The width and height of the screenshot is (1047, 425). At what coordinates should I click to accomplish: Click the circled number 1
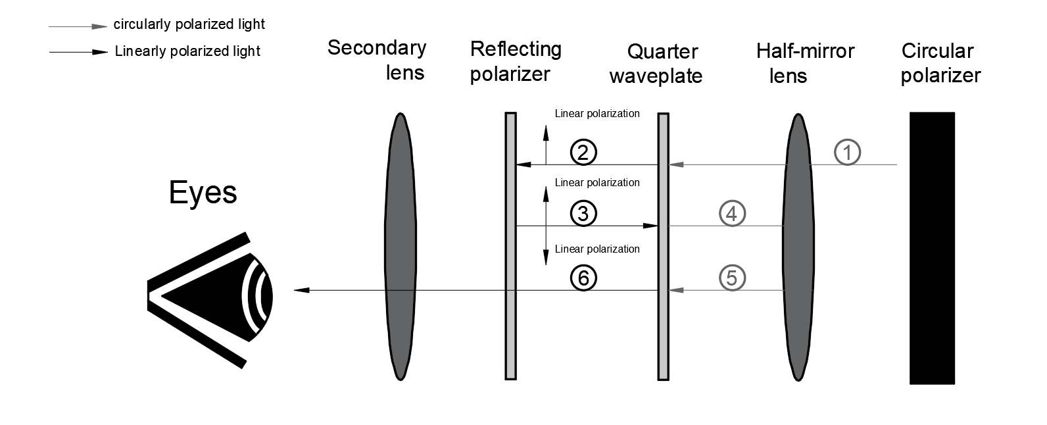(847, 153)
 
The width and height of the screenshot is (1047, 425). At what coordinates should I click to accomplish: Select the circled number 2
(583, 153)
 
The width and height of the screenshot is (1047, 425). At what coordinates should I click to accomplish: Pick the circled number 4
(732, 214)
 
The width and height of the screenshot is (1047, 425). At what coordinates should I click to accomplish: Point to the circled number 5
(732, 277)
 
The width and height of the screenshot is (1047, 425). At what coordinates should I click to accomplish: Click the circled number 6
(583, 278)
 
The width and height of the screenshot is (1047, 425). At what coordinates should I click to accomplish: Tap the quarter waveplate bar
(663, 329)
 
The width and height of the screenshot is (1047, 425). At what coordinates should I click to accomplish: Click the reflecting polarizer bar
(510, 329)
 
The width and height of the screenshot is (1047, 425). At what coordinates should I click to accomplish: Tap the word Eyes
(203, 193)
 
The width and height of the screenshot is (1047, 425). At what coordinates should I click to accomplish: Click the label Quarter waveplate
(656, 63)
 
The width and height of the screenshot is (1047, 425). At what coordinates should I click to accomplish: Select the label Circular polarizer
(940, 63)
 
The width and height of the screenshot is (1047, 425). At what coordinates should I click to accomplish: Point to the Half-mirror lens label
(804, 63)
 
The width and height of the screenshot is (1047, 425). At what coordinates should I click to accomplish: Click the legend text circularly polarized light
(189, 24)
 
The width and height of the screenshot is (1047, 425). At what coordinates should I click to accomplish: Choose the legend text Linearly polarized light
(187, 51)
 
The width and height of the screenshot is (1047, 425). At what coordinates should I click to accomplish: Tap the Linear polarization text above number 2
(597, 113)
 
